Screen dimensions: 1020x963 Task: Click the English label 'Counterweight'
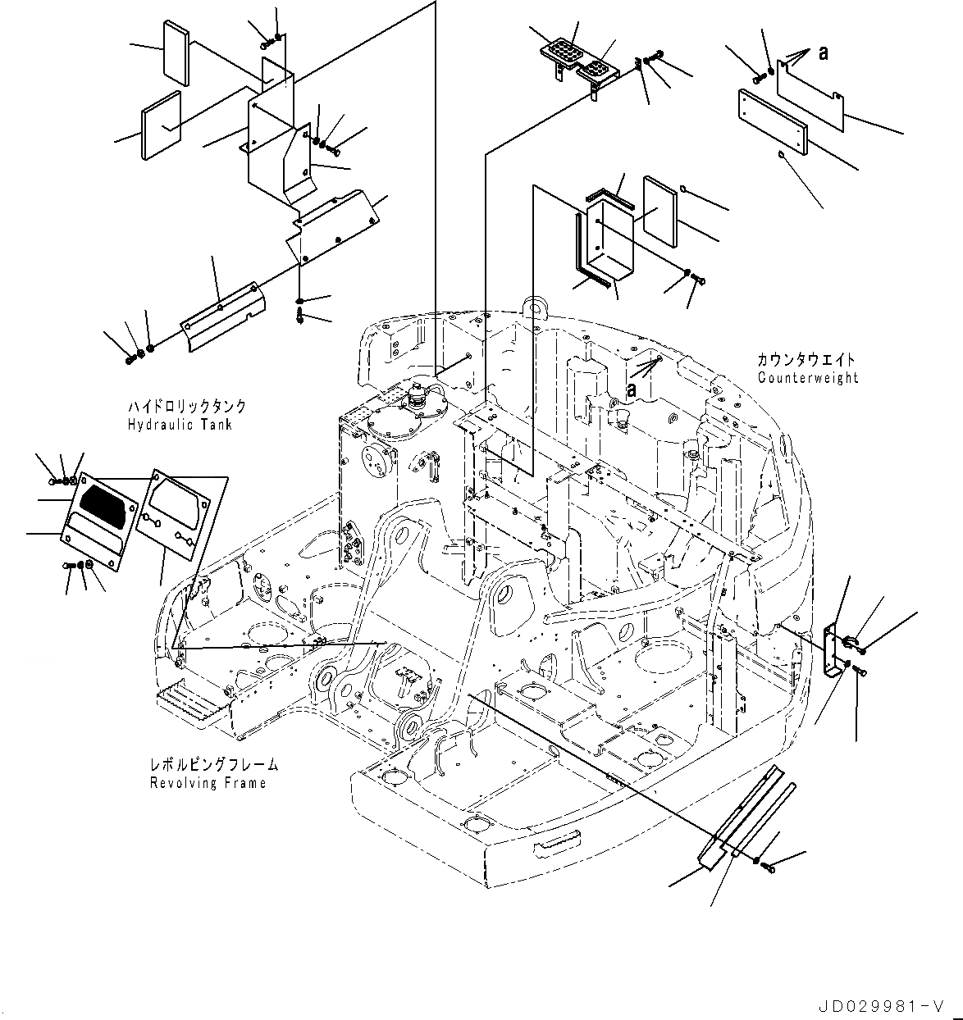[808, 378]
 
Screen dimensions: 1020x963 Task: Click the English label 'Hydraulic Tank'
[180, 425]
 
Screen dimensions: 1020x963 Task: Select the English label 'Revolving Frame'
[208, 783]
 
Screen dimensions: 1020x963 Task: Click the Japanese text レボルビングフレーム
[213, 765]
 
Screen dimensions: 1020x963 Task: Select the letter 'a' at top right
[823, 53]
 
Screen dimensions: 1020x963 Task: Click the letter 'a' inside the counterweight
[631, 391]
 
